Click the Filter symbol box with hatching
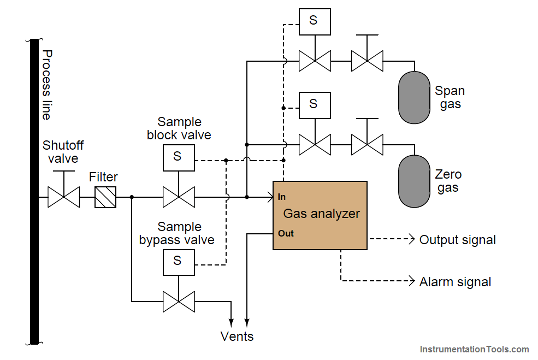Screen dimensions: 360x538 pyautogui.click(x=105, y=197)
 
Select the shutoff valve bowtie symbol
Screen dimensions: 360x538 pyautogui.click(x=63, y=197)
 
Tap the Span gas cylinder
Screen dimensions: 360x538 pyautogui.click(x=415, y=97)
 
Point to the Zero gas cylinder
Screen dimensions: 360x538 pyautogui.click(x=415, y=181)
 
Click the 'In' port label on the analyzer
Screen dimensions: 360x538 pyautogui.click(x=282, y=197)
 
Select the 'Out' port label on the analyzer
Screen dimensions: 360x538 pyautogui.click(x=286, y=234)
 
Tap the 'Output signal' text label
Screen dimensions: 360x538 pyautogui.click(x=457, y=240)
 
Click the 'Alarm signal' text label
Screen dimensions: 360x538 pyautogui.click(x=455, y=282)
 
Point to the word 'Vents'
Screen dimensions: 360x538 pyautogui.click(x=237, y=336)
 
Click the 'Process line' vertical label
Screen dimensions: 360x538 pyautogui.click(x=48, y=85)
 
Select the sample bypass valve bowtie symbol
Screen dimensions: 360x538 pyautogui.click(x=179, y=301)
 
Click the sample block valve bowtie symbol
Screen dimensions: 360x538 pyautogui.click(x=179, y=197)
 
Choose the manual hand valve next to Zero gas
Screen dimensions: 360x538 pyautogui.click(x=366, y=145)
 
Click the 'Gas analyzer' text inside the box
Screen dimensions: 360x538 pyautogui.click(x=321, y=214)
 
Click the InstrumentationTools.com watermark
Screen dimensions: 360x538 pyautogui.click(x=474, y=349)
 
